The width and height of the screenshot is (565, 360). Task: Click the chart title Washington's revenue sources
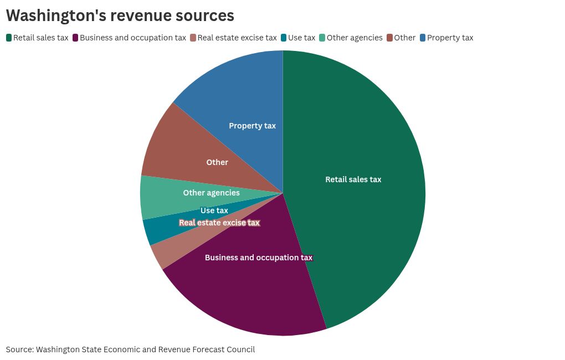tap(120, 16)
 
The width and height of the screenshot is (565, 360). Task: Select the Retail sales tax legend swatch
tap(9, 38)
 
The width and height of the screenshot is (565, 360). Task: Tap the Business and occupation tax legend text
tap(133, 38)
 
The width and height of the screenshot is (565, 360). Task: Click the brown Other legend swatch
tap(389, 38)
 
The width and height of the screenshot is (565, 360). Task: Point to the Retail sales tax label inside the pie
tap(353, 179)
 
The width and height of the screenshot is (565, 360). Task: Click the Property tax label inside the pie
tap(252, 126)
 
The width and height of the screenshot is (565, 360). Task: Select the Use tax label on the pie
tap(214, 210)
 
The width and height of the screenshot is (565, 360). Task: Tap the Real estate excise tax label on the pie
tap(219, 223)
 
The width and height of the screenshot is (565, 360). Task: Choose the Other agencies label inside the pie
tap(211, 193)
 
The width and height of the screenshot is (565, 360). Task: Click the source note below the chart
tap(130, 349)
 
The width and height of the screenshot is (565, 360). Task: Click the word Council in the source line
tap(239, 349)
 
